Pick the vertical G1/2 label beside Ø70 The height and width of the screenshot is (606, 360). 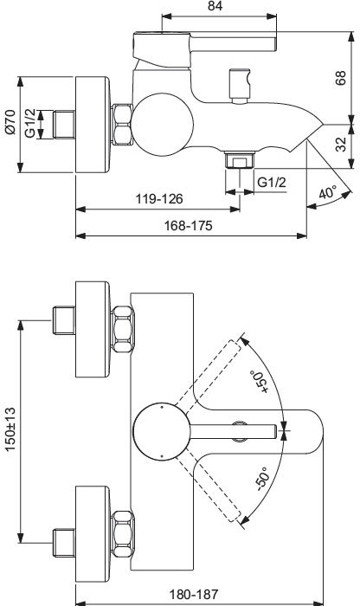pyautogui.click(x=31, y=123)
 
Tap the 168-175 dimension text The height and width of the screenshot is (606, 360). pyautogui.click(x=188, y=224)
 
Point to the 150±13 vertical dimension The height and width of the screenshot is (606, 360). pyautogui.click(x=10, y=430)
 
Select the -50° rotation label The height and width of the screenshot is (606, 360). pyautogui.click(x=262, y=481)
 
